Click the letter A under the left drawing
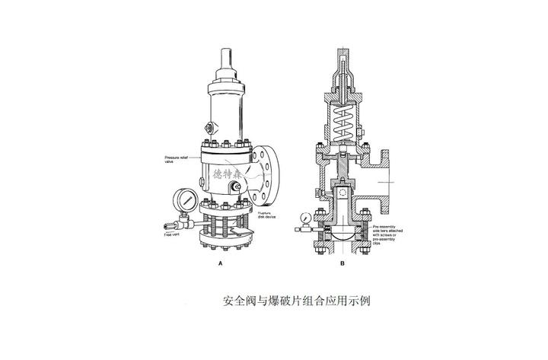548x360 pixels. point(221,263)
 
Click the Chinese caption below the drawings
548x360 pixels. point(297,300)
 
